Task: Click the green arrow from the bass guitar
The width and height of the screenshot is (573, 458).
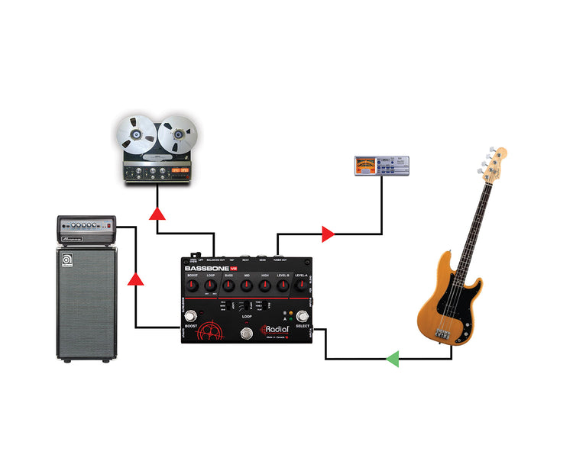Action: click(393, 358)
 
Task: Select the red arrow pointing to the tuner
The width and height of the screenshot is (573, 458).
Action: click(329, 234)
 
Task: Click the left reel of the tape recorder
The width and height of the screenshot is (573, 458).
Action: click(134, 135)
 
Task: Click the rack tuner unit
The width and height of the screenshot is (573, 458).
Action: click(381, 166)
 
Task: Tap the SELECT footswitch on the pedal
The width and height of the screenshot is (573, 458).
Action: click(302, 317)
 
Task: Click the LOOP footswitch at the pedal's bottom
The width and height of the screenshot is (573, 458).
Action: click(247, 333)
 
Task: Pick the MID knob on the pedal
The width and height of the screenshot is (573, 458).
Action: click(247, 286)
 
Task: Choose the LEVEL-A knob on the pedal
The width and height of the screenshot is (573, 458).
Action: click(300, 286)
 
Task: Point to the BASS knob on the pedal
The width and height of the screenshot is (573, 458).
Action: click(228, 286)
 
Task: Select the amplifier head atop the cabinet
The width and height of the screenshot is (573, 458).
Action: click(86, 227)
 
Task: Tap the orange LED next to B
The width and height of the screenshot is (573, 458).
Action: click(290, 313)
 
